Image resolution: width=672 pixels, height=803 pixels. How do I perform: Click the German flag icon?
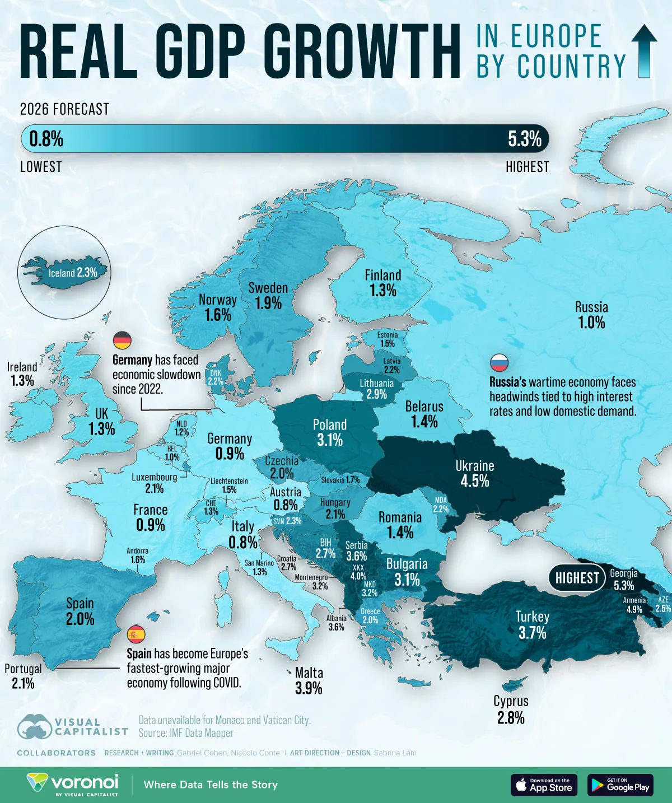pos(122,340)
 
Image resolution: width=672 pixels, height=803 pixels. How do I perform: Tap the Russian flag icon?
pos(499,363)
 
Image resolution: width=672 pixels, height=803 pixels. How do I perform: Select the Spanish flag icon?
pos(136,634)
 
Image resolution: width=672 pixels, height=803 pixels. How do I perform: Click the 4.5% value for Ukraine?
pos(474,481)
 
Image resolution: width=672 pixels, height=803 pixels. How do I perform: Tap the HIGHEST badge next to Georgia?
pos(577,578)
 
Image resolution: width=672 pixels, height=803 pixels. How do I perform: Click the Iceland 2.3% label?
pos(73,273)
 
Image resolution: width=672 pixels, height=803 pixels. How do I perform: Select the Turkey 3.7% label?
pos(532,625)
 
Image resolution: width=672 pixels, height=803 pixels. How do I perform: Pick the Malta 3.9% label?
pos(309,680)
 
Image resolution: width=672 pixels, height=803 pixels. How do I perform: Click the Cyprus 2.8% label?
pos(511,709)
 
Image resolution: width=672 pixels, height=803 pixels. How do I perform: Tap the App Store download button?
pos(543,785)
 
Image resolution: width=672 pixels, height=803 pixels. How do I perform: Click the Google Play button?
pos(620,785)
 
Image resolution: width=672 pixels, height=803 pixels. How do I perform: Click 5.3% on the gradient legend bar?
pos(524,139)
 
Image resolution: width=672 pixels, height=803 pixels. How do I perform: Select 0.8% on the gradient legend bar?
pos(46,139)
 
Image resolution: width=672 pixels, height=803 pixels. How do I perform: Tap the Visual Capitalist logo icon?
pos(35,727)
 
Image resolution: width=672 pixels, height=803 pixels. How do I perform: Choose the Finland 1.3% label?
pos(383,283)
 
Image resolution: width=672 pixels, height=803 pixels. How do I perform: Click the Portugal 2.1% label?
pos(23,676)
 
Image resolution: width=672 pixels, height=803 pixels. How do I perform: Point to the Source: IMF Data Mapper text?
pos(186,733)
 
